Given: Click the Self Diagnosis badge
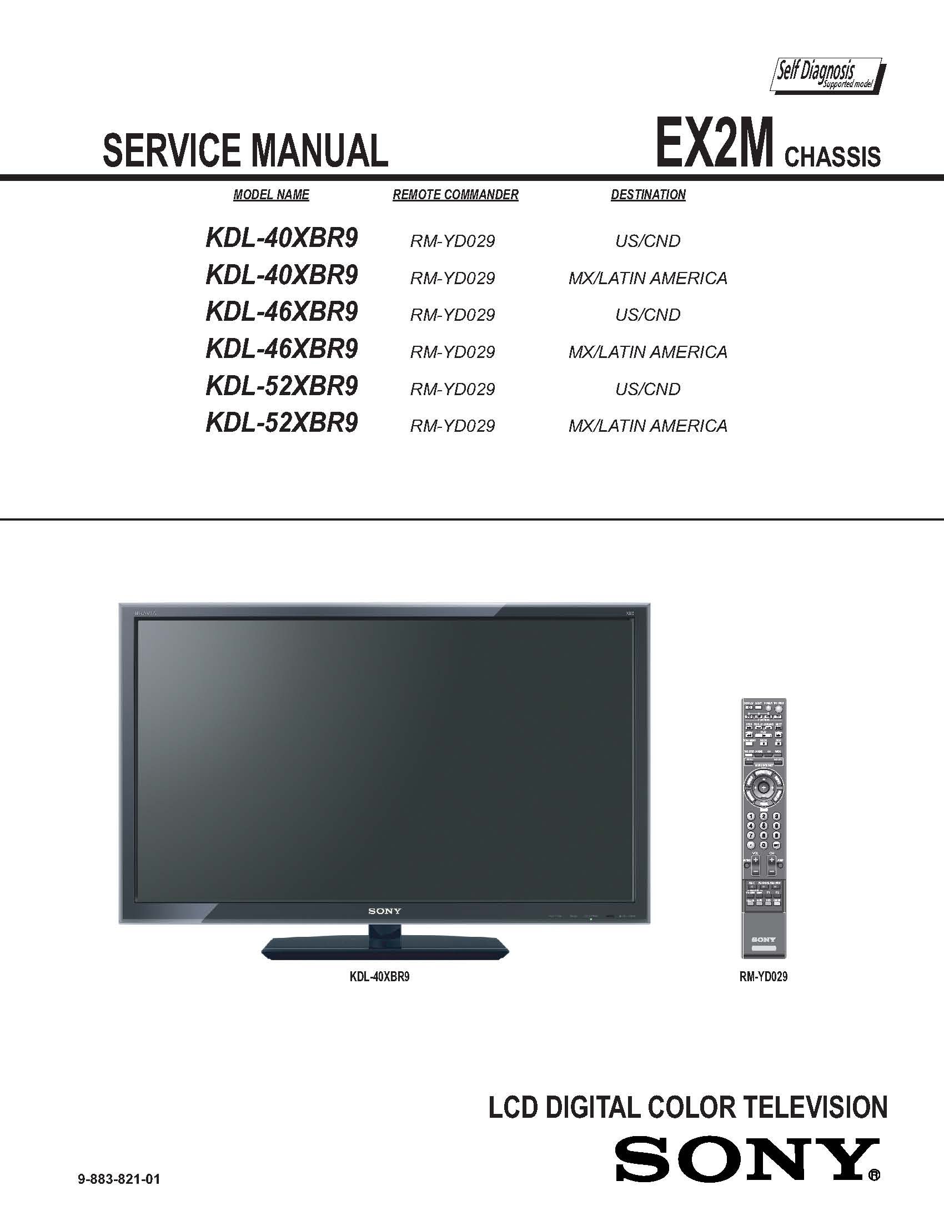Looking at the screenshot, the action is coord(827,75).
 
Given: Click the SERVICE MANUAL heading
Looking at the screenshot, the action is coord(245,150).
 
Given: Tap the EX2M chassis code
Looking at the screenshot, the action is coord(715,142).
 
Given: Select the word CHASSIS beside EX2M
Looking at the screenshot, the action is coord(832,157).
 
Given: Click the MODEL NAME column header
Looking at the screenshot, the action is coord(270,195).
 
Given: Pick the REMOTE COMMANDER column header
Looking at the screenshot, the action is coord(455,195).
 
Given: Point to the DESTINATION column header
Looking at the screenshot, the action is coord(647,195).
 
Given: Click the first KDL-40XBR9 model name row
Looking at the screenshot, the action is coord(282,238).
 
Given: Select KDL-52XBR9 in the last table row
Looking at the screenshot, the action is coord(282,423).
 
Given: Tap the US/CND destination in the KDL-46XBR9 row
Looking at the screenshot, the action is coord(647,315).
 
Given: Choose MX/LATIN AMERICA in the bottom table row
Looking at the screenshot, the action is coord(647,426).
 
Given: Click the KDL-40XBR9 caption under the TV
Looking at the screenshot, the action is coord(379,977).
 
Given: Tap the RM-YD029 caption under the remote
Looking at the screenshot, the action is coord(763,977).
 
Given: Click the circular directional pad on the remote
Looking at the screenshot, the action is coord(763,787).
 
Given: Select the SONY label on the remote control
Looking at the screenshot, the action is coord(763,940).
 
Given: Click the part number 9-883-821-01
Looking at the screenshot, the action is coord(119,1179).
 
